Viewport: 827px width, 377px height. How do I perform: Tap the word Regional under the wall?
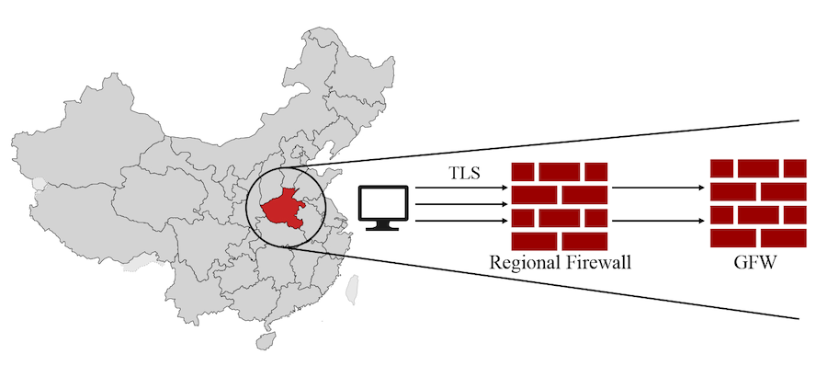point(522,263)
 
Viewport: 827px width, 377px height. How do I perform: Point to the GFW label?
point(759,263)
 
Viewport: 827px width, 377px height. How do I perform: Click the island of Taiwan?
point(351,289)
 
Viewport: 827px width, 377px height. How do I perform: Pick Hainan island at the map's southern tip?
point(266,340)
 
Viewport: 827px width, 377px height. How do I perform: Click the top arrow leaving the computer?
point(459,188)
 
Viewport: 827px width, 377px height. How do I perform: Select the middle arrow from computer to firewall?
point(459,204)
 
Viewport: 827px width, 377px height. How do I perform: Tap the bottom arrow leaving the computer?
point(459,221)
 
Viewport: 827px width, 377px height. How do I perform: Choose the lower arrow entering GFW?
point(659,221)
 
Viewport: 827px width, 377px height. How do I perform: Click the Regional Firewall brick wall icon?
point(560,205)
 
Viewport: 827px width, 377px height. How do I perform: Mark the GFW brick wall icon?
point(759,203)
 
